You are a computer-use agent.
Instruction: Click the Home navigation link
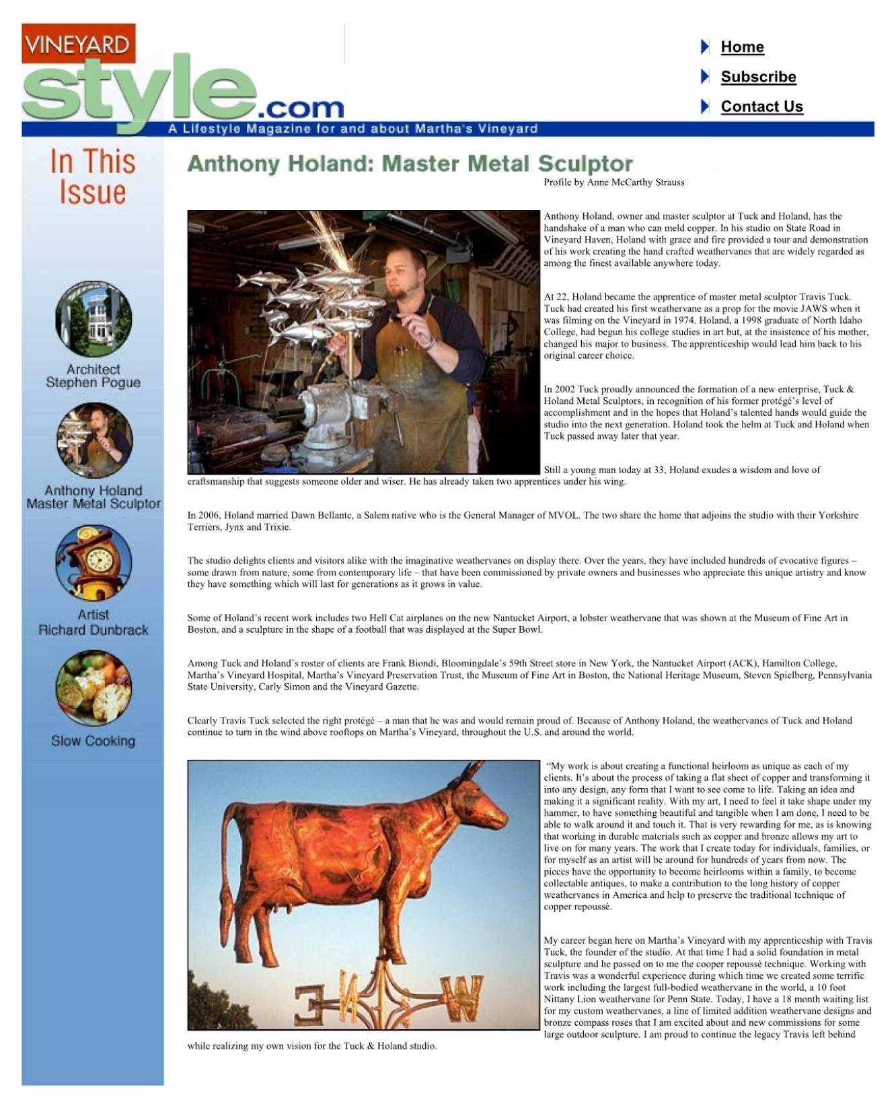coord(742,46)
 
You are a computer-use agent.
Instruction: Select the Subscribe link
coord(758,77)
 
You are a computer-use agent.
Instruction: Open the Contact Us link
coord(761,106)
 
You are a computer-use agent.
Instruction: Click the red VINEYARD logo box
coord(78,44)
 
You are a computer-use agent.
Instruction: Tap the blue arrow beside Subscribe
coord(705,77)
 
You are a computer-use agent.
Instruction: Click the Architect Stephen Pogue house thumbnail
coord(94,319)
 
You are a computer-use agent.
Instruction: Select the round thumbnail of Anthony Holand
coord(95,440)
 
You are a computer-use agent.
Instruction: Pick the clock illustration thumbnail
coord(94,563)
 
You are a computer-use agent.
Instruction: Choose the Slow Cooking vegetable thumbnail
coord(94,687)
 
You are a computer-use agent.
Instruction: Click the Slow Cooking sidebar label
coord(93,740)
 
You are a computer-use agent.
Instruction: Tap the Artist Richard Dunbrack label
coord(93,622)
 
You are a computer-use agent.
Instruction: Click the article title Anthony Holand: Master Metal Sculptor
coord(410,164)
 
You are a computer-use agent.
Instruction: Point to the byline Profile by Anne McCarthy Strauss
coord(613,182)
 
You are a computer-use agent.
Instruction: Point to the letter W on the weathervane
coord(461,998)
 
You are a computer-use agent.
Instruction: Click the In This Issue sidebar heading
coord(93,176)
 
